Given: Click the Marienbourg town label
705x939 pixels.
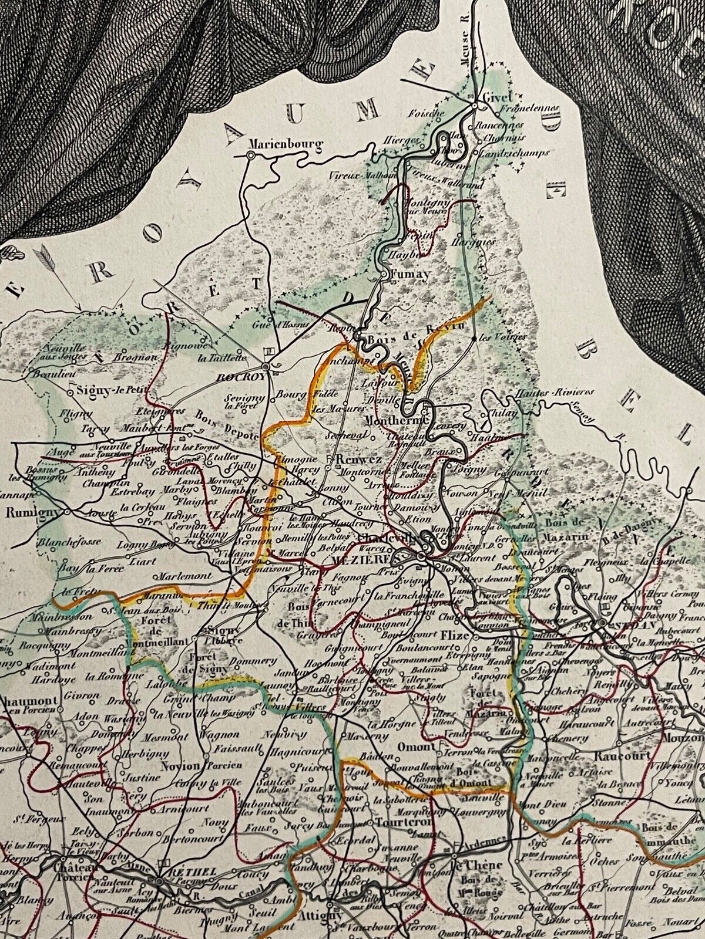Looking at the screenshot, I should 278,143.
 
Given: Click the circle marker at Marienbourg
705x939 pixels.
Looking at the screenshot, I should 251,154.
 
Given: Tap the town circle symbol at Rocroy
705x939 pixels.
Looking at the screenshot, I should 266,367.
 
